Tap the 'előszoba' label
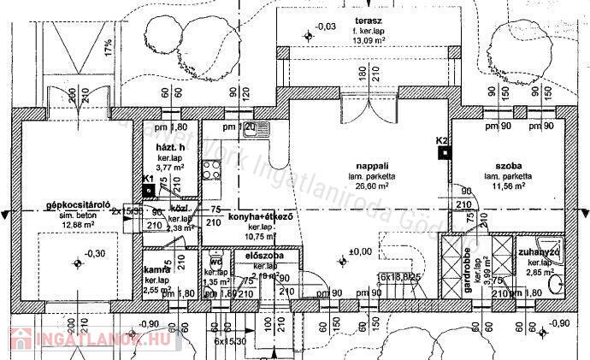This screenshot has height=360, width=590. click(x=264, y=256)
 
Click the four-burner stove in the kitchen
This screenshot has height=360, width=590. click(x=211, y=169)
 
